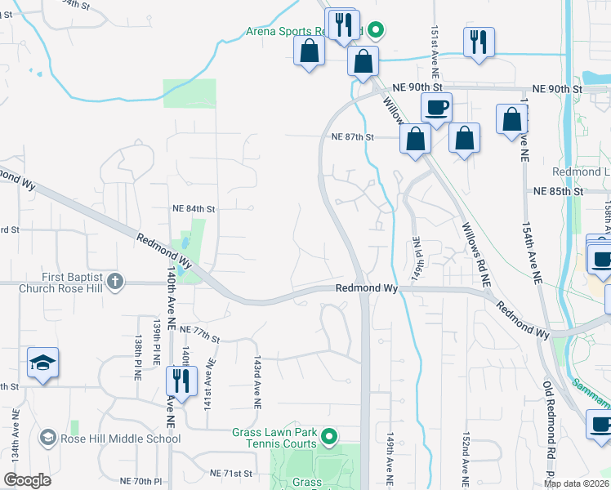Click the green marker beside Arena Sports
[x=375, y=32]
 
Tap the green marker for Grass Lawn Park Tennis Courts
[x=329, y=439]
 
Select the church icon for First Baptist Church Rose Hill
[x=115, y=283]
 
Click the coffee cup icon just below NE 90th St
[x=436, y=107]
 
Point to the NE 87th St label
[x=352, y=137]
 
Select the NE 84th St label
[x=194, y=209]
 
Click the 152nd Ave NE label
[x=466, y=459]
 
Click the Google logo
[x=27, y=480]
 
